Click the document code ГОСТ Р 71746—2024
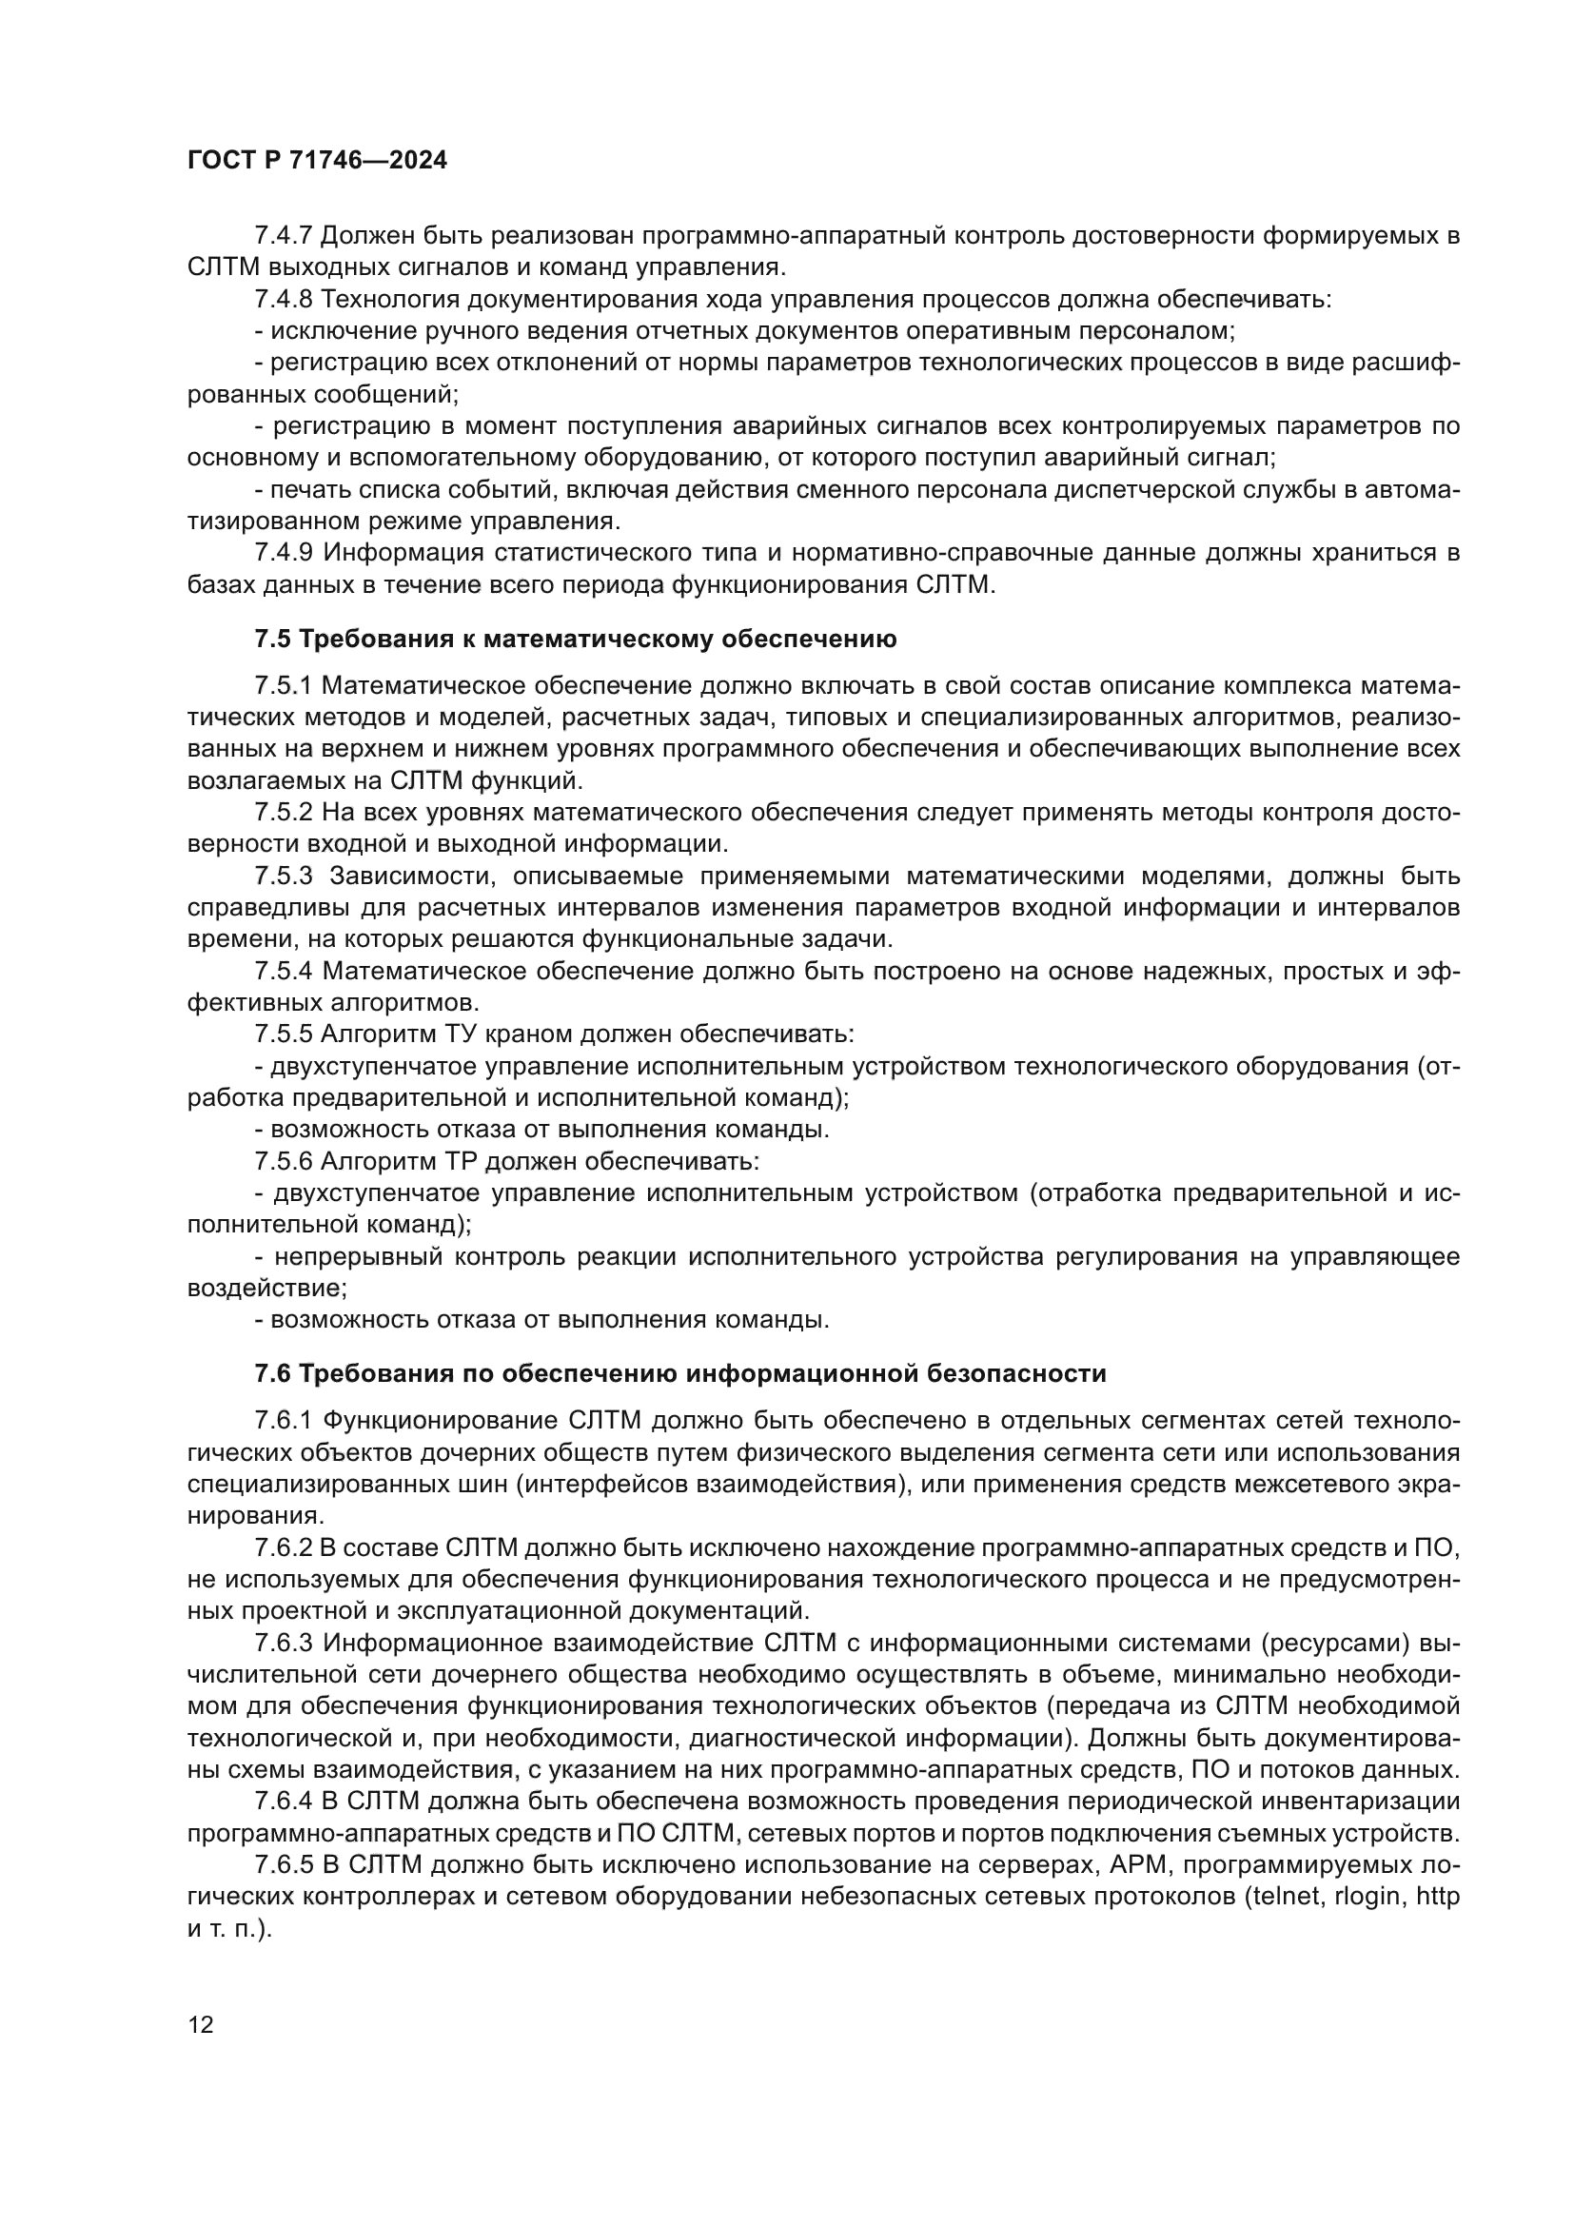pyautogui.click(x=317, y=161)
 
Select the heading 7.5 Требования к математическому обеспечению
pyautogui.click(x=575, y=639)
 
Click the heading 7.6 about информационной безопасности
pyautogui.click(x=679, y=1374)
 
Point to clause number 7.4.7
pyautogui.click(x=283, y=236)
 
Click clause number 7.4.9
pyautogui.click(x=283, y=553)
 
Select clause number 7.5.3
pyautogui.click(x=283, y=876)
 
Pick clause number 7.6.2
pyautogui.click(x=283, y=1548)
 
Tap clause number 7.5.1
pyautogui.click(x=283, y=685)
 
